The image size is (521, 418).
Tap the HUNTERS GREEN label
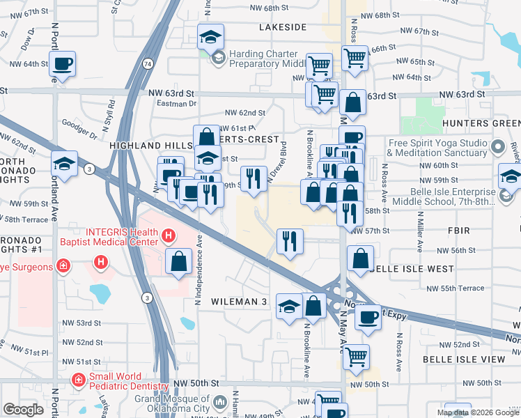[481, 123]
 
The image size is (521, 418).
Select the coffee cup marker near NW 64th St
[62, 65]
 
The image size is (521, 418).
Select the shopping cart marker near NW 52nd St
[356, 357]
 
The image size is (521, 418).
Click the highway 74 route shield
[148, 63]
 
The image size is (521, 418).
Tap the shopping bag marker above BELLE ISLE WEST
[360, 259]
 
